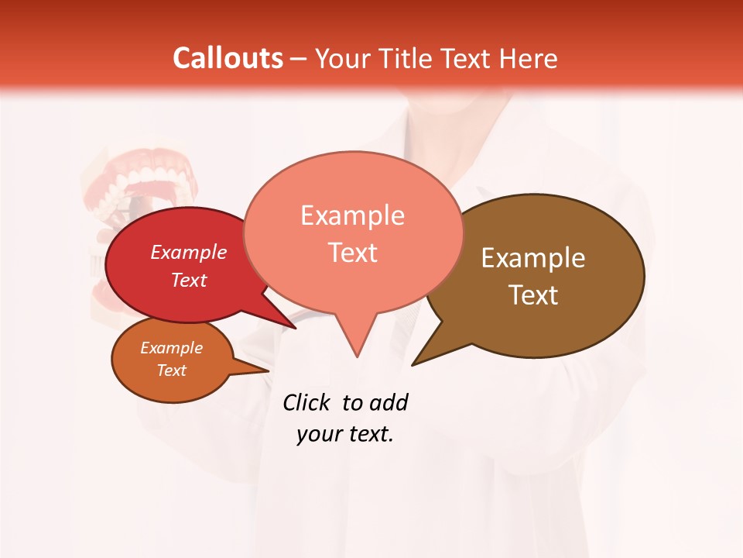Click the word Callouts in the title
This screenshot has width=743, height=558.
[x=228, y=58]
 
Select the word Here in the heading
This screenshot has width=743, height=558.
[x=529, y=58]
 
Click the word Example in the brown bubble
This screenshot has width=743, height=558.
[x=533, y=258]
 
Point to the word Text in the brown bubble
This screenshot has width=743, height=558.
[x=533, y=295]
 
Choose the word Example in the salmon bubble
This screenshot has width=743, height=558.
[x=352, y=215]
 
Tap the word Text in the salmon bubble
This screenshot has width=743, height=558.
[x=352, y=253]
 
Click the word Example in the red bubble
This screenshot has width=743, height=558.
[x=189, y=252]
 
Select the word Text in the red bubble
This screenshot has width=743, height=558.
[x=189, y=280]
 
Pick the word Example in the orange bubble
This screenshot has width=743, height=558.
[x=171, y=348]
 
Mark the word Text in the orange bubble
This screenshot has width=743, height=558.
[x=171, y=370]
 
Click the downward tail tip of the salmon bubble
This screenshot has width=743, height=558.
[x=357, y=356]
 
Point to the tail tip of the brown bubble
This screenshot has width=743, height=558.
[x=413, y=364]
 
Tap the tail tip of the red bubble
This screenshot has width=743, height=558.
[x=295, y=328]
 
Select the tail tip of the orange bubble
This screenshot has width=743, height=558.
[x=268, y=371]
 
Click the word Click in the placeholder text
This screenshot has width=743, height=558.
[x=308, y=403]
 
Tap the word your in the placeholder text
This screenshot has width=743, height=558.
[x=317, y=434]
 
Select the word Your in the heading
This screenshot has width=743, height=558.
[x=342, y=58]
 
